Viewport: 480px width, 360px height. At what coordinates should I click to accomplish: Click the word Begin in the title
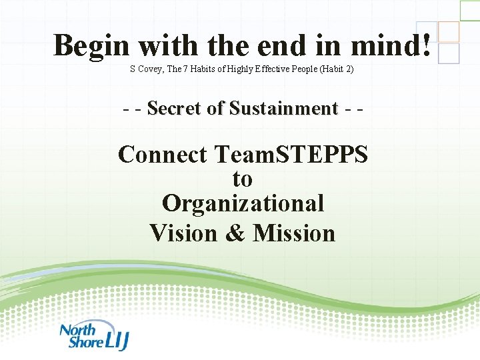point(92,46)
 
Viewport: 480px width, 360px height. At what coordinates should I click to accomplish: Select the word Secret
point(175,108)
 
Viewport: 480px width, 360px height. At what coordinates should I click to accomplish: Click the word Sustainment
point(283,108)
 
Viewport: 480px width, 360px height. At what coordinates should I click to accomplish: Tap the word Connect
point(163,155)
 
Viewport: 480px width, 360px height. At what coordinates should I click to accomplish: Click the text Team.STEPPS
point(291,155)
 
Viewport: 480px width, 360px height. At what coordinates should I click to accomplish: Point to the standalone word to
point(242,179)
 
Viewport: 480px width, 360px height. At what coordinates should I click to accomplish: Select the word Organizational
point(243,203)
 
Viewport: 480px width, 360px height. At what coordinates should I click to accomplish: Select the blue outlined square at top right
point(449,53)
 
